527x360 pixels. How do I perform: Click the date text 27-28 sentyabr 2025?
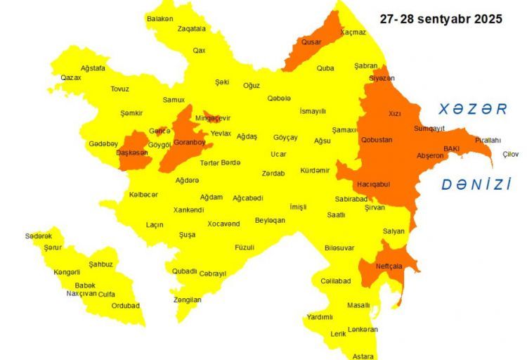tap(441, 19)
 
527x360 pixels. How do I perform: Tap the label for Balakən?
tap(160, 18)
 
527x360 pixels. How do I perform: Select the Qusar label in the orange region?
tap(311, 42)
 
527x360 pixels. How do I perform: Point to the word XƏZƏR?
tap(472, 109)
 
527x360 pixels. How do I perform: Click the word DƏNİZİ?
tap(476, 185)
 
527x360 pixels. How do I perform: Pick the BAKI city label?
tap(451, 148)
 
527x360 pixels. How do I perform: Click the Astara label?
tap(363, 356)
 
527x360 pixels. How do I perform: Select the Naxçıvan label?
tap(81, 293)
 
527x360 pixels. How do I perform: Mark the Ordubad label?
tap(126, 306)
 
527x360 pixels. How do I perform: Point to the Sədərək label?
tap(39, 236)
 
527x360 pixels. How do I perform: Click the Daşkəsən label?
tap(133, 153)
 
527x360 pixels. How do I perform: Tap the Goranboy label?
tap(189, 142)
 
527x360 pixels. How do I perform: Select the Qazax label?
tap(71, 77)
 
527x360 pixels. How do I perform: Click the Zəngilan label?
tap(187, 300)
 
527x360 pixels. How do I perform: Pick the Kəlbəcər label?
tap(143, 194)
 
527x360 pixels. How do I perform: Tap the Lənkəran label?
tap(363, 329)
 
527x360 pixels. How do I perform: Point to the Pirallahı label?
tap(488, 140)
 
